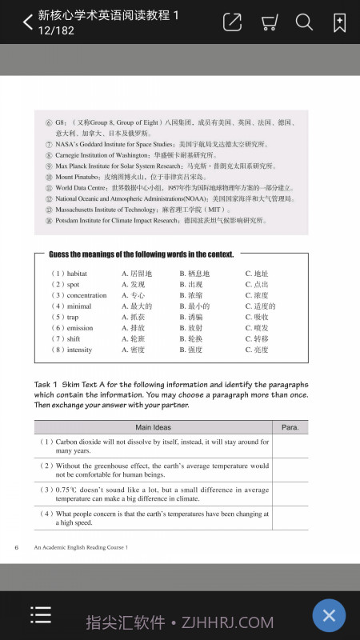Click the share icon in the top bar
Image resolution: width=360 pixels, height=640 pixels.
pos(232,22)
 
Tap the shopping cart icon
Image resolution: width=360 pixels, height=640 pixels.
pos(269,22)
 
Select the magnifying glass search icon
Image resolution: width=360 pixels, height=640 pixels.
pos(304,22)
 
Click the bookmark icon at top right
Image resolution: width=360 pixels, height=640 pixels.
pos(339,22)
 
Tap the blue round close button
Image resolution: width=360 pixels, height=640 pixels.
pos(328,615)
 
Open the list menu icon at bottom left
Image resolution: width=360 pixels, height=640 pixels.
pos(41,614)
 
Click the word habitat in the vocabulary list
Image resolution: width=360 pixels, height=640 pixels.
pos(78,274)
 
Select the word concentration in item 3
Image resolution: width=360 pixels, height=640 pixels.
pos(86,295)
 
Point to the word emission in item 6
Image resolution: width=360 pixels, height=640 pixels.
pos(80,328)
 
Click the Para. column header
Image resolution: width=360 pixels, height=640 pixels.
pos(290,427)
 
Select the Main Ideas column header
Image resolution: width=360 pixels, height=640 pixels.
pos(153,427)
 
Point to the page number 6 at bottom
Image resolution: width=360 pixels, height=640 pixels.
pos(16,547)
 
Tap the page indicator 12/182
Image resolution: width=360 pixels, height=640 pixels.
pos(56,30)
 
